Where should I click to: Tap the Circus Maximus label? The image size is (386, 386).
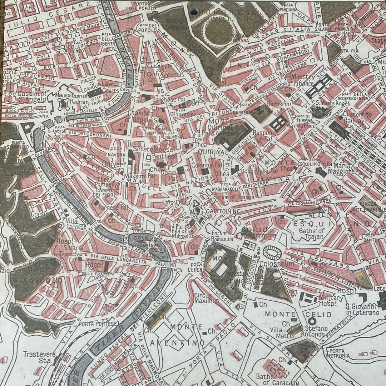[x=206, y=298]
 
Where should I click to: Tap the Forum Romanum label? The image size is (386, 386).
[x=222, y=236]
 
